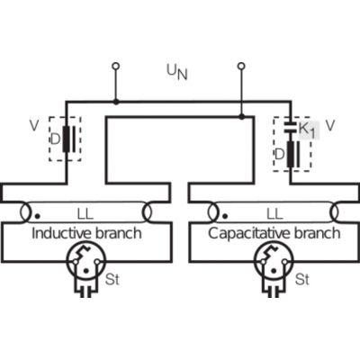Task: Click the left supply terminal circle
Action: (x=115, y=66)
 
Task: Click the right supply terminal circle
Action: (x=241, y=66)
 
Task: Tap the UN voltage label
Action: (x=177, y=73)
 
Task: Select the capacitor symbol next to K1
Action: (x=291, y=128)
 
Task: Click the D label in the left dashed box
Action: (x=56, y=139)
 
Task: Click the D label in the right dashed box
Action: (x=279, y=154)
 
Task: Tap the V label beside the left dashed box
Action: (x=34, y=126)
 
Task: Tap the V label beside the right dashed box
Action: (x=329, y=126)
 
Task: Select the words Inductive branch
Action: (x=86, y=233)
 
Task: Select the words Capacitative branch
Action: (x=274, y=233)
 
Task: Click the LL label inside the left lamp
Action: (x=85, y=214)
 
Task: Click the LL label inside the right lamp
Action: (x=274, y=214)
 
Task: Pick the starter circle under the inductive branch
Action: (x=86, y=261)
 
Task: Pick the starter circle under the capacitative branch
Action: (x=274, y=261)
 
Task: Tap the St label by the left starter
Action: (x=112, y=279)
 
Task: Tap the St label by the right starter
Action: (x=301, y=279)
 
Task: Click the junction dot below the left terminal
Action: (x=116, y=103)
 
